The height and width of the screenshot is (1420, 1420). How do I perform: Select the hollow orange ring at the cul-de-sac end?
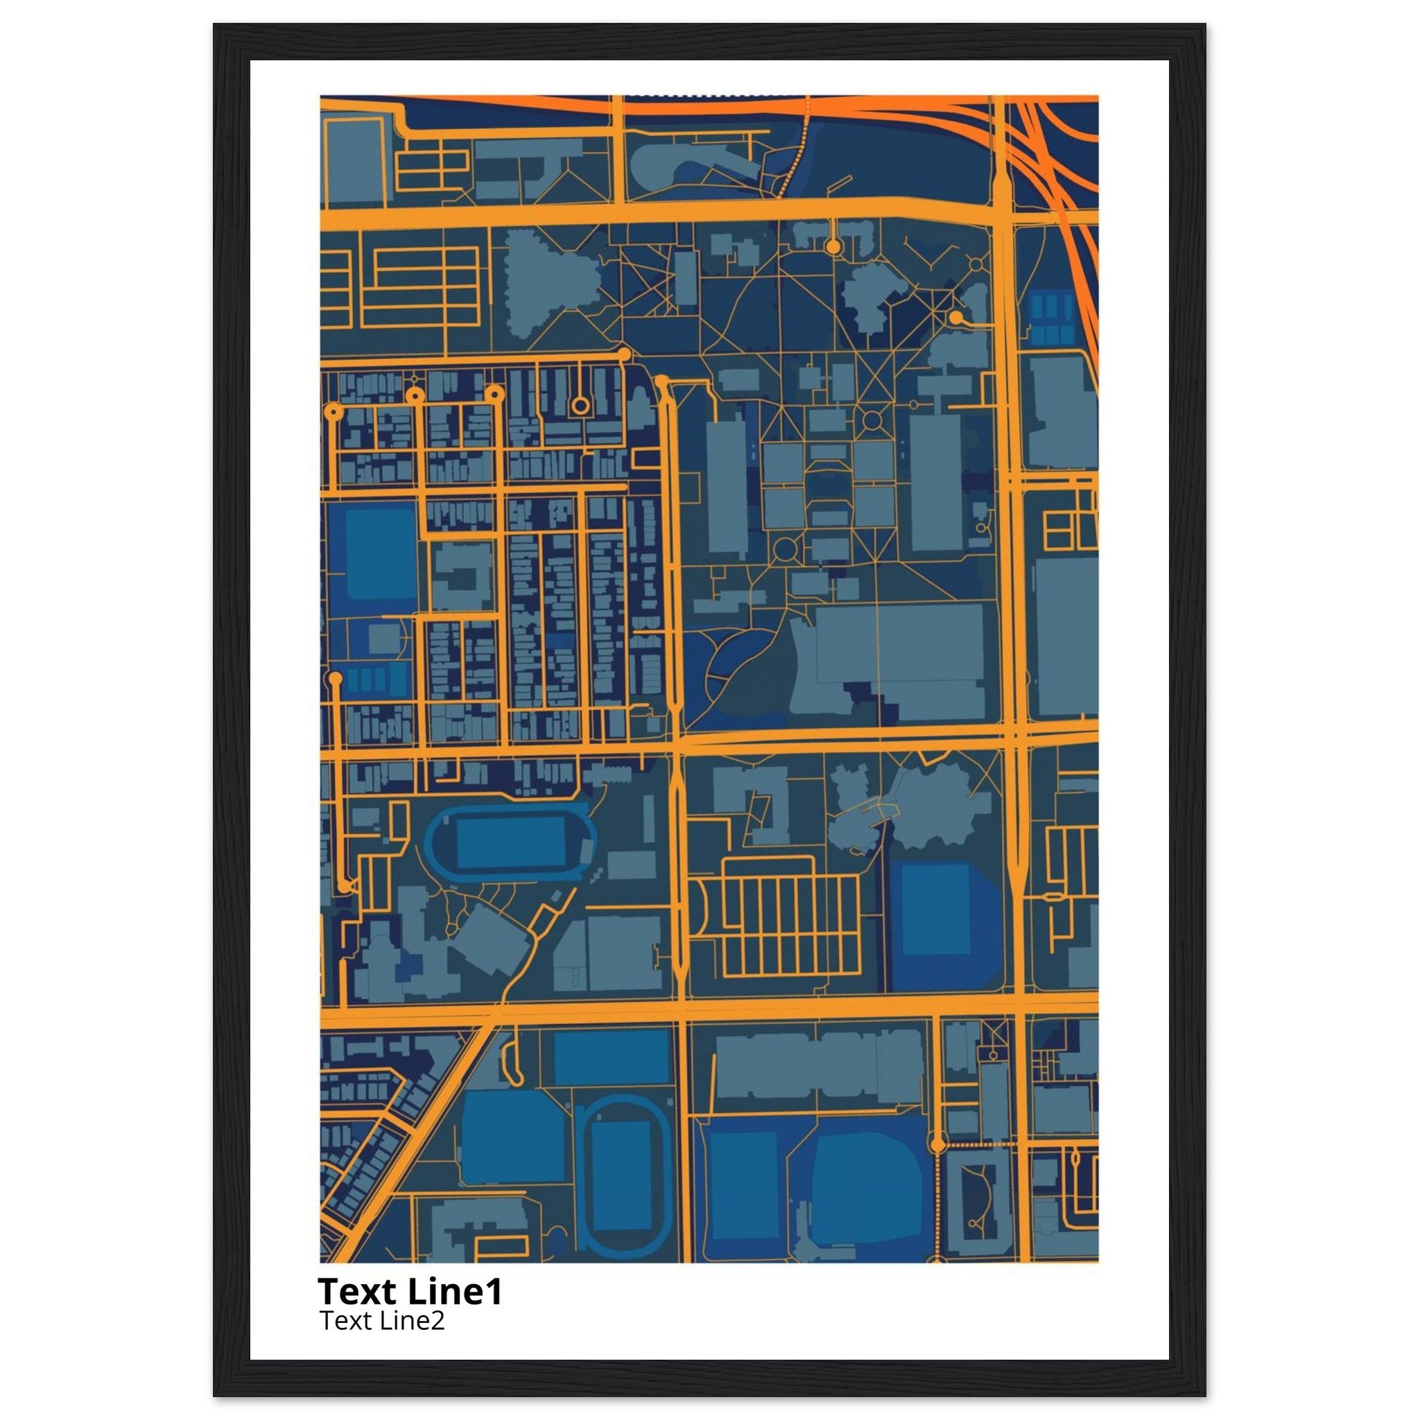580,405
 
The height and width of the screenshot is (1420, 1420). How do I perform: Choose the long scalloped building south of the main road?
818,1065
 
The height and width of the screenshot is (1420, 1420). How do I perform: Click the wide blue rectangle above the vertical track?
612,1057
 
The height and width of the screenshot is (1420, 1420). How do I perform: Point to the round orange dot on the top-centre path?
832,247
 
